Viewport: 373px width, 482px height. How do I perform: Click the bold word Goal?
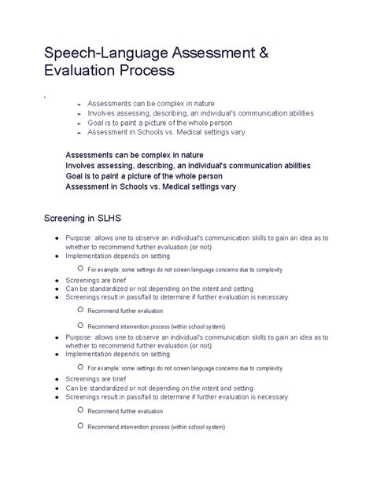pos(76,176)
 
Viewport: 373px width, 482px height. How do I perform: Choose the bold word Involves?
pos(82,166)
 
